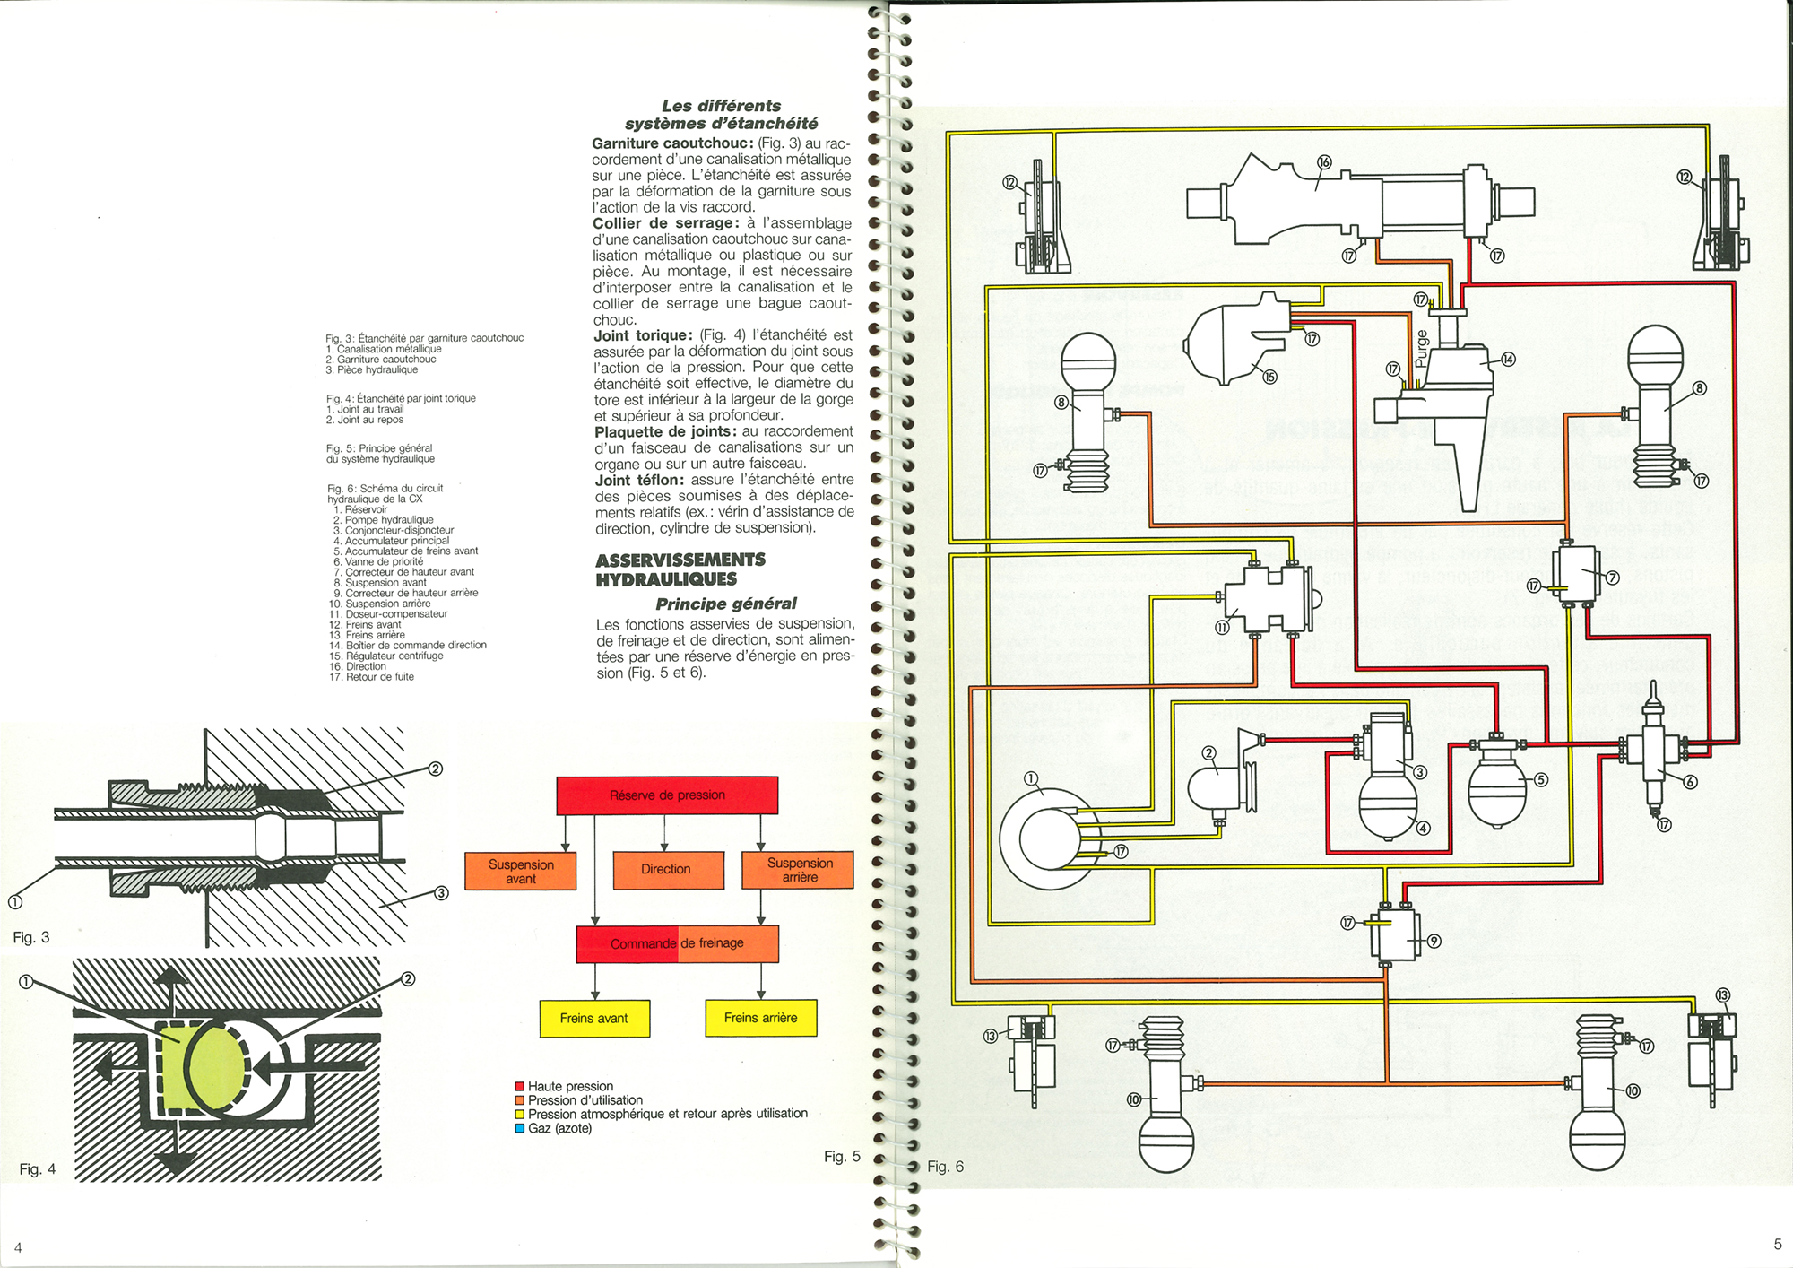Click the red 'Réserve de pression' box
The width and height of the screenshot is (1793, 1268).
[x=667, y=795]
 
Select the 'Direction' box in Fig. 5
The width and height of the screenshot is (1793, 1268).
[x=667, y=870]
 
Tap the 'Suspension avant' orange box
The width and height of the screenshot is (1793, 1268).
[x=520, y=871]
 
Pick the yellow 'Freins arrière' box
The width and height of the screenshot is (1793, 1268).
[x=760, y=1018]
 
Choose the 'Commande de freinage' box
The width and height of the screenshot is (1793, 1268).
[x=677, y=943]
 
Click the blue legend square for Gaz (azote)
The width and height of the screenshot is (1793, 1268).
[x=519, y=1128]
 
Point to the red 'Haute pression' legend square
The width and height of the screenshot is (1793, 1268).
[x=519, y=1087]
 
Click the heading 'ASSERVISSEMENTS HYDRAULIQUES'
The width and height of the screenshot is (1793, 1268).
[x=680, y=569]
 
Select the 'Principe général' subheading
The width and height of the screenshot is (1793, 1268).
[x=725, y=604]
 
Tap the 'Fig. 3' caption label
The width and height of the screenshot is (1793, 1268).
[x=31, y=937]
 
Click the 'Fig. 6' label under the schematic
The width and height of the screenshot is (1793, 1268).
[x=945, y=1167]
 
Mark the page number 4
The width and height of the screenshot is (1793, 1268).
[x=18, y=1247]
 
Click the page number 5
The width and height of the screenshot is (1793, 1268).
[x=1777, y=1244]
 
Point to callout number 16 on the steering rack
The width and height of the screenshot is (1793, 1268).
[x=1324, y=162]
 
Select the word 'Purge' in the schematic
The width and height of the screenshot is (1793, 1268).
[x=1421, y=349]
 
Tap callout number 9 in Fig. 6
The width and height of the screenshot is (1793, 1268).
[x=1434, y=941]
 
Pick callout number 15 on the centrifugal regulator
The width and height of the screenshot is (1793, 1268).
[x=1269, y=377]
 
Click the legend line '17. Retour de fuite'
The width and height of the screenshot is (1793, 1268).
[x=371, y=677]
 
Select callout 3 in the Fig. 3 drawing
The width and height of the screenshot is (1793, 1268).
[x=441, y=893]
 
